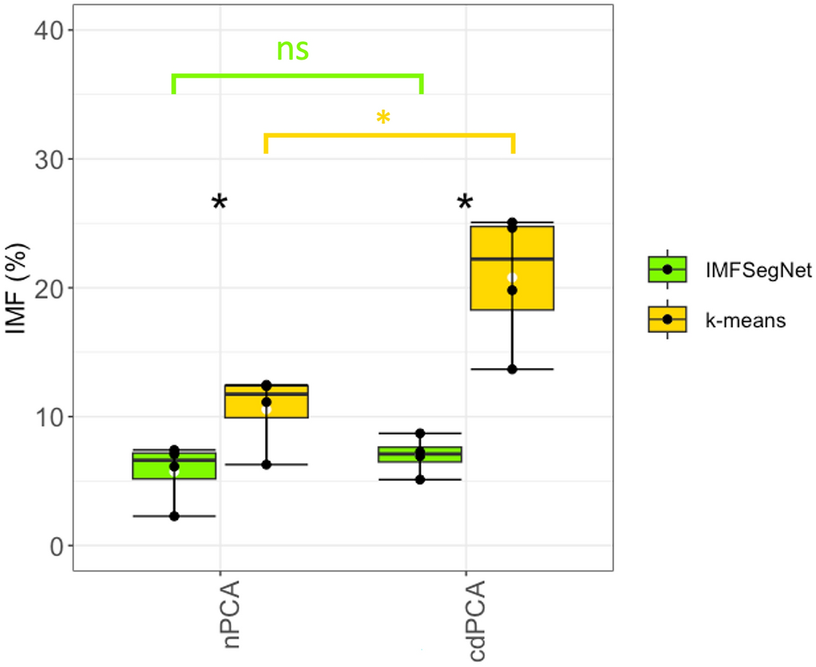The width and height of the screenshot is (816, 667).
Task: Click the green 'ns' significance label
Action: click(x=292, y=49)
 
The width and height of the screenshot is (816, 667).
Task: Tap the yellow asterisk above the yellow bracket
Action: click(x=384, y=119)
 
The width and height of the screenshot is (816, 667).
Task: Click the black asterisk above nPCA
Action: click(x=219, y=203)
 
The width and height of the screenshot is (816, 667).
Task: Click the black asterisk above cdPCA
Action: click(x=465, y=203)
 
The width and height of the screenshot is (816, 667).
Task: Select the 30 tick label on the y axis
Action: click(x=50, y=159)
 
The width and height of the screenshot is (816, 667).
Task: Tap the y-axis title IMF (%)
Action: click(x=18, y=288)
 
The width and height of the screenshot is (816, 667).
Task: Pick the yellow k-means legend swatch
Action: click(x=667, y=319)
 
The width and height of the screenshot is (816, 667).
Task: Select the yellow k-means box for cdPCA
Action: click(x=512, y=268)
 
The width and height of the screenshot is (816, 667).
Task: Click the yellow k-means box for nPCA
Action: click(x=266, y=402)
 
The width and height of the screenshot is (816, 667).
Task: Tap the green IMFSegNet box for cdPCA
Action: click(x=420, y=454)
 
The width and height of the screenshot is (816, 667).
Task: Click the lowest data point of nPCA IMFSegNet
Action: click(x=174, y=516)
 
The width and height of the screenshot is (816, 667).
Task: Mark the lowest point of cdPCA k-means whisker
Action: click(x=512, y=369)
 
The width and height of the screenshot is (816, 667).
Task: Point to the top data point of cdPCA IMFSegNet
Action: click(x=420, y=434)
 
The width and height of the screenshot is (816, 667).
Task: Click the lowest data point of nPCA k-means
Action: click(x=266, y=464)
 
